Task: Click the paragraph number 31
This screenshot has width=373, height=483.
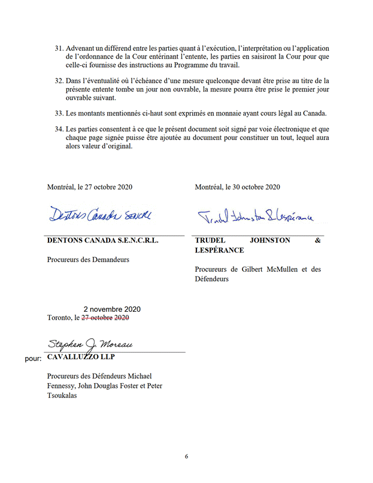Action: point(59,48)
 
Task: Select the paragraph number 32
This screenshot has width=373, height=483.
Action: point(59,80)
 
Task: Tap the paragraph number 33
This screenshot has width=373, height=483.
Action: point(59,113)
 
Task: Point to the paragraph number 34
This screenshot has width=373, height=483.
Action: point(59,129)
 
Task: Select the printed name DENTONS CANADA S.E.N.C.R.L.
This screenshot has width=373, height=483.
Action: point(102,241)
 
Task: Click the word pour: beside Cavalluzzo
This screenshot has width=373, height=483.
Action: point(31,359)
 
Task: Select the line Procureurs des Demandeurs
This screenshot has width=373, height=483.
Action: point(88,260)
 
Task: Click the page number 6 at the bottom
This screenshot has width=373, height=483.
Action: point(186,456)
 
